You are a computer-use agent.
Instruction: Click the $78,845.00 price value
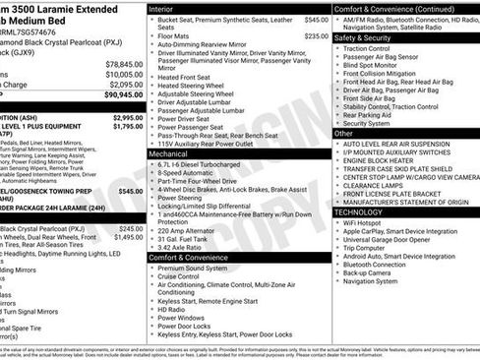point(123,63)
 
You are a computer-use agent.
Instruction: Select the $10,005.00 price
point(123,74)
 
